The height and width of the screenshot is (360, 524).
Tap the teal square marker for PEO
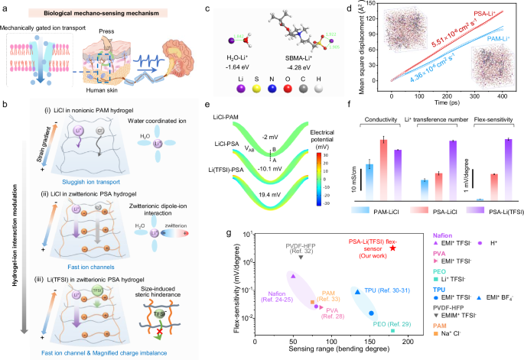pos(392,331)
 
